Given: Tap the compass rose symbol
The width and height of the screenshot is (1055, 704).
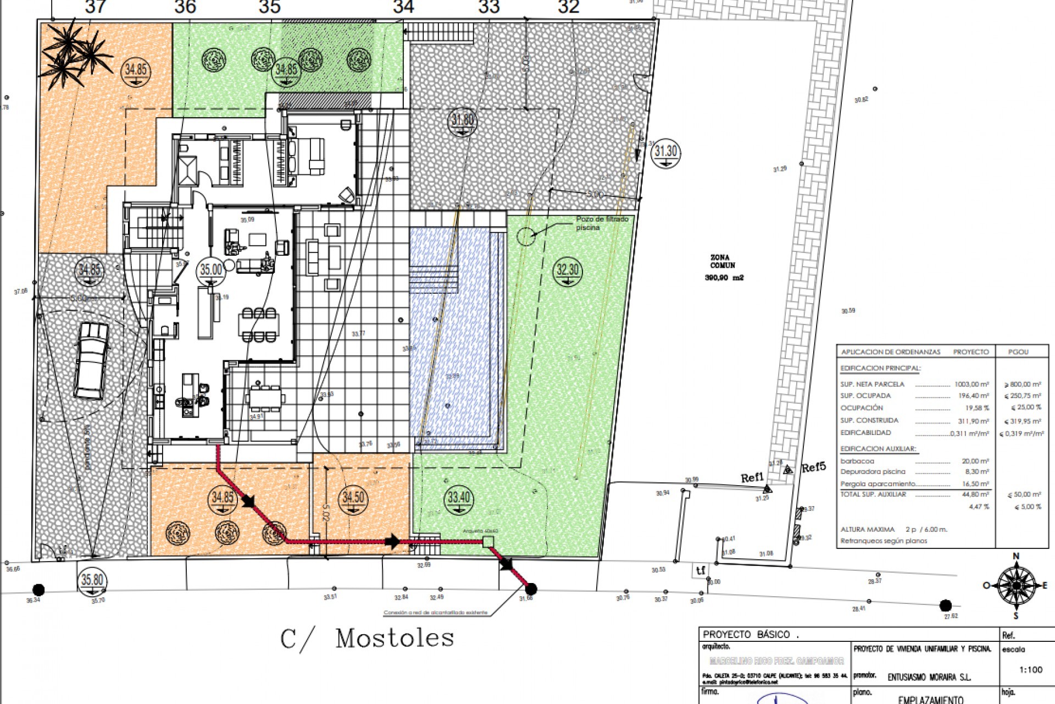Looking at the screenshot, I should (1015, 586).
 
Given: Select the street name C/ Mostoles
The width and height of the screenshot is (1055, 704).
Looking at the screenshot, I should (367, 639).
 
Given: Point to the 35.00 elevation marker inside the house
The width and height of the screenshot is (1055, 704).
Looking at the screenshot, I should (211, 271).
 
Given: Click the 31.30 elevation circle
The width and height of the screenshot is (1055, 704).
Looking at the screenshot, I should (666, 152).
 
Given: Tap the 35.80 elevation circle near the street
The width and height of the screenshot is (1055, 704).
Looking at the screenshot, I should (92, 581).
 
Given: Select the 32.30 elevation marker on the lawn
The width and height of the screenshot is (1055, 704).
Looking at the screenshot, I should (568, 271).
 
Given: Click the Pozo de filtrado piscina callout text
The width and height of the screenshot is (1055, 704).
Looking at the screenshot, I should (602, 223).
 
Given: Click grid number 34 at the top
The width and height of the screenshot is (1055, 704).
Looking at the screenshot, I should (403, 7).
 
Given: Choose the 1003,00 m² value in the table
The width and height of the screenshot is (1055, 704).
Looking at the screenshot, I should (971, 384).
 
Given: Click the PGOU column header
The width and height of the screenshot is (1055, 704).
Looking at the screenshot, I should (1018, 352).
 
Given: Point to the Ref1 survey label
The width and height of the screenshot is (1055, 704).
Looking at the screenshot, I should (752, 477).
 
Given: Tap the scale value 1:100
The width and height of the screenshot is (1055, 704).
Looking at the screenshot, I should (1030, 670).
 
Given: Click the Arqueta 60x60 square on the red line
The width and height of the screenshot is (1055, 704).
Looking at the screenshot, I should (487, 542).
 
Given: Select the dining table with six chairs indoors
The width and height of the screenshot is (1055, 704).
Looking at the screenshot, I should (259, 325).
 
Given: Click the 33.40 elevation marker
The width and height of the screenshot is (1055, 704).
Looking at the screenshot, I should (458, 499).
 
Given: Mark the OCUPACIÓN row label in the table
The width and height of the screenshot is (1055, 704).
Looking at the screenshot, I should (861, 408).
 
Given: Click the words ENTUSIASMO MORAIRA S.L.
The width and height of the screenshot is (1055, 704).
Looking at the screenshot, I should (929, 678).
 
